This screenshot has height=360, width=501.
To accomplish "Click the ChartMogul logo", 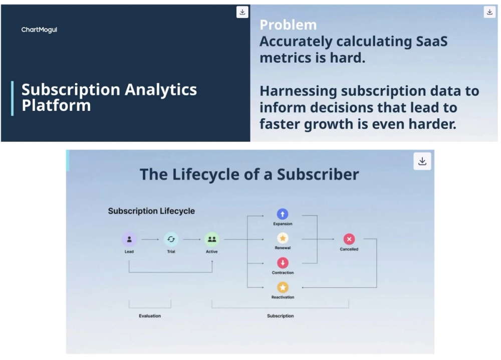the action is [39, 30].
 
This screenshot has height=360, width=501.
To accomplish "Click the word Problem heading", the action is [288, 25].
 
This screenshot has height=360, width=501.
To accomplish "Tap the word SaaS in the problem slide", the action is [432, 41].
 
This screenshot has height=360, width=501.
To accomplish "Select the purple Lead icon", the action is [129, 239].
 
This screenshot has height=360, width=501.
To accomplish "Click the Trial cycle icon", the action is [171, 239].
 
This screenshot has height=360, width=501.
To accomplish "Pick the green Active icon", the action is [211, 239].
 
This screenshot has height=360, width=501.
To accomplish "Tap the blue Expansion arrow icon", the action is [283, 214].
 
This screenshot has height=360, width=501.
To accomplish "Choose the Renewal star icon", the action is [283, 238].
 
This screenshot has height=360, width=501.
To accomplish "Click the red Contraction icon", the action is [283, 263].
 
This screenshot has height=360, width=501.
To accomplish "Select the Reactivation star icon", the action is [283, 287].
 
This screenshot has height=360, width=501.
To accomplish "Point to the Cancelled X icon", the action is [349, 239].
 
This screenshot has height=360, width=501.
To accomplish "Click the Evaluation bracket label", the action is [150, 316].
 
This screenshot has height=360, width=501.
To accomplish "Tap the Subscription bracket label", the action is [280, 316].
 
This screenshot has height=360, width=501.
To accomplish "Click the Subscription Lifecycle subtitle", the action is [151, 211].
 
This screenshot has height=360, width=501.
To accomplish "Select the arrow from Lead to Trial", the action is [150, 239].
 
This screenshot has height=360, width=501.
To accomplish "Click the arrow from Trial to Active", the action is [192, 239].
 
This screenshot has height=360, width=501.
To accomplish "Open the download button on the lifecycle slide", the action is [422, 161].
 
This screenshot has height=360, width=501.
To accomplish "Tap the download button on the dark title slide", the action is [242, 12].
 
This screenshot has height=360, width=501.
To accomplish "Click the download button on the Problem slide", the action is [489, 12].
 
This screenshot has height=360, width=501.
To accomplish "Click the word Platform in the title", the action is [56, 105].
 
